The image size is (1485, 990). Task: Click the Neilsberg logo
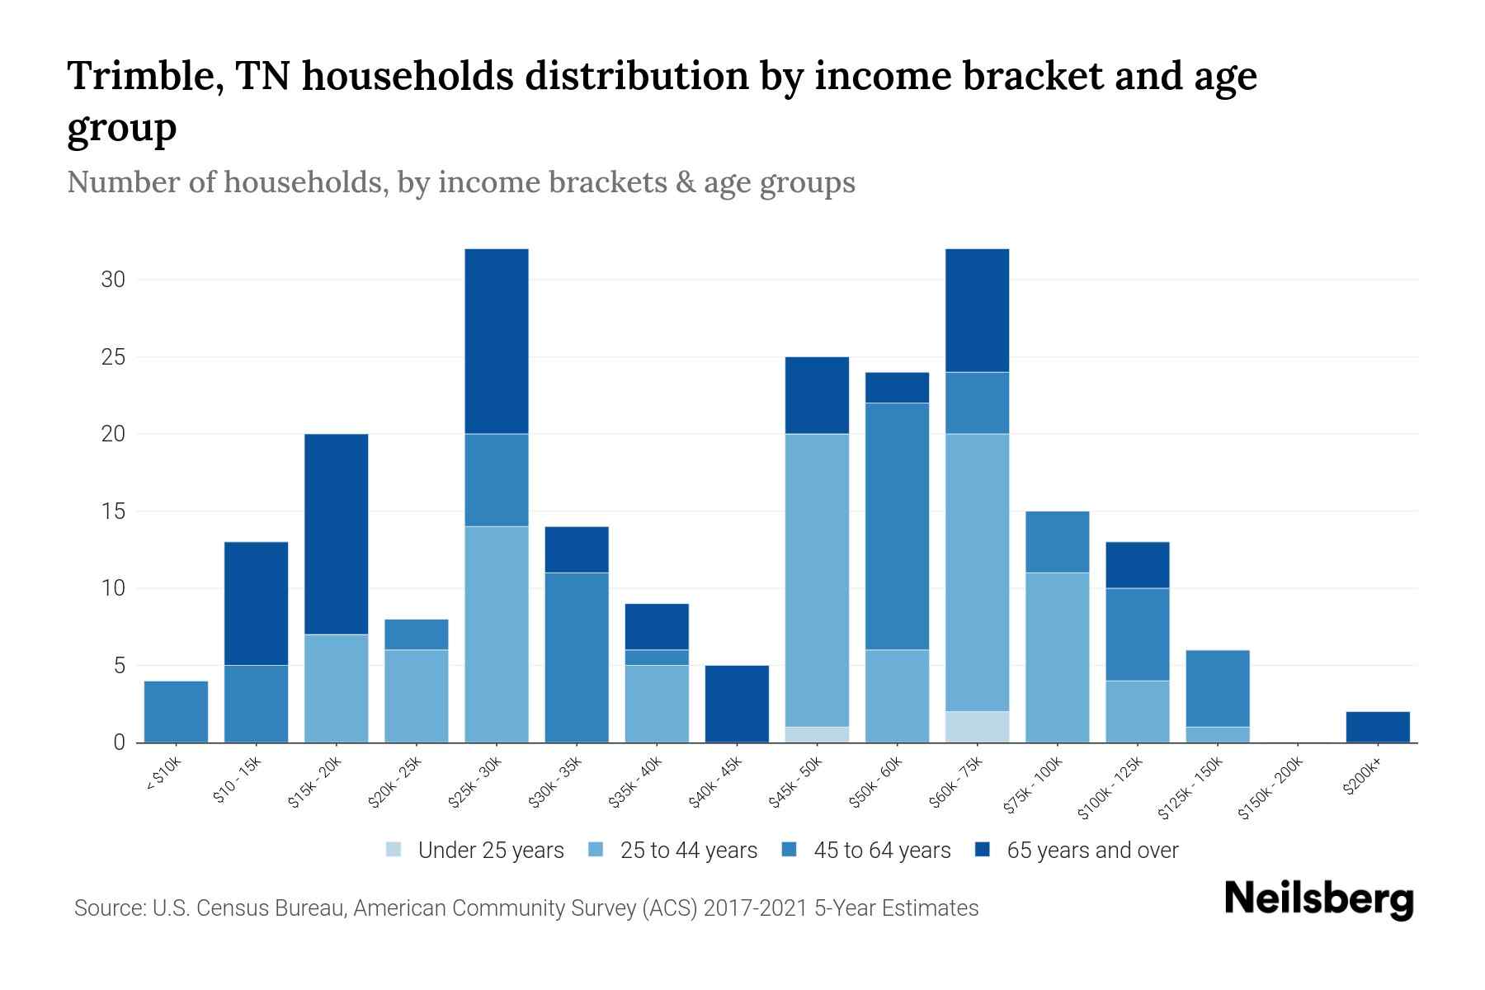click(1318, 898)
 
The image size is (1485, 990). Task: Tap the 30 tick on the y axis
click(113, 280)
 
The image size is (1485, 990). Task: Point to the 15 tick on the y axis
click(113, 511)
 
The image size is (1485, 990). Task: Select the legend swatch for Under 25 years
click(394, 850)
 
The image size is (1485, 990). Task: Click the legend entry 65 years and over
click(1092, 850)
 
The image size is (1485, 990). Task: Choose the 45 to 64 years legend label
click(882, 850)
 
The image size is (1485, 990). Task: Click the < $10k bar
click(176, 711)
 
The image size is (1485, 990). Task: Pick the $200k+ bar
click(1378, 727)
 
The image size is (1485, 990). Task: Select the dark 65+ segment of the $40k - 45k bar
click(737, 704)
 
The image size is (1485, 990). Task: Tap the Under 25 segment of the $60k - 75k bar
click(977, 727)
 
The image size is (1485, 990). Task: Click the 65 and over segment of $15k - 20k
click(337, 534)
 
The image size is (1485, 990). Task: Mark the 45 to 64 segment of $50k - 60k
click(897, 526)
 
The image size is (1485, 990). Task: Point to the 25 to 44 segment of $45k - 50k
click(817, 580)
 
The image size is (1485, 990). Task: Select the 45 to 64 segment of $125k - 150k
click(1218, 688)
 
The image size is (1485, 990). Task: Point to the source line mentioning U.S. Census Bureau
click(526, 908)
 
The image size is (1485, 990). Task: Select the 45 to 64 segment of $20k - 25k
click(417, 634)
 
